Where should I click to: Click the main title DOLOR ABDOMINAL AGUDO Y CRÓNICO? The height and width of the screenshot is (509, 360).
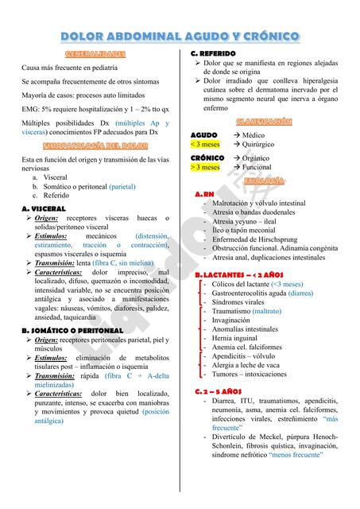coord(180,37)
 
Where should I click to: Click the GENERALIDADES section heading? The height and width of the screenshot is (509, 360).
coord(95,54)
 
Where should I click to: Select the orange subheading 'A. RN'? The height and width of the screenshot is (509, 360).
coord(204,194)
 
